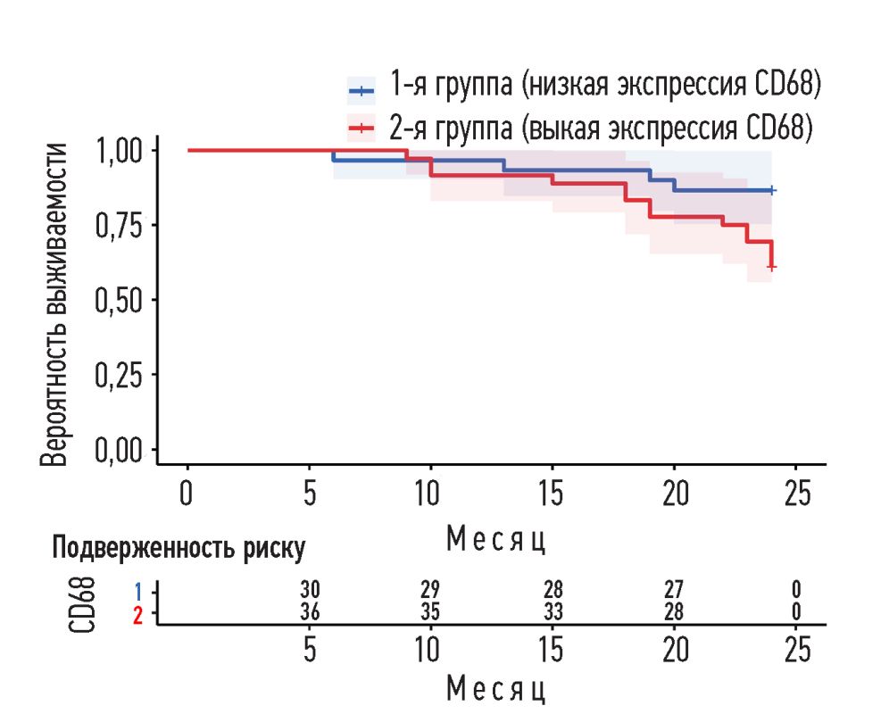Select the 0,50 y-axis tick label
click(x=120, y=299)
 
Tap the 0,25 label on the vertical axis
click(x=120, y=374)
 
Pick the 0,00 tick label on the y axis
click(x=120, y=449)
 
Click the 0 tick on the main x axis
click(x=187, y=492)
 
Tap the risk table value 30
click(x=310, y=590)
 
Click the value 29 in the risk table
click(x=430, y=590)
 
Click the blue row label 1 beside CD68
click(x=137, y=591)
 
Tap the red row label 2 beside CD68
click(x=137, y=614)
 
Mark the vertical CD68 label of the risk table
click(x=83, y=602)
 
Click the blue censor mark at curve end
click(x=772, y=190)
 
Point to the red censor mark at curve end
click(x=772, y=266)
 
